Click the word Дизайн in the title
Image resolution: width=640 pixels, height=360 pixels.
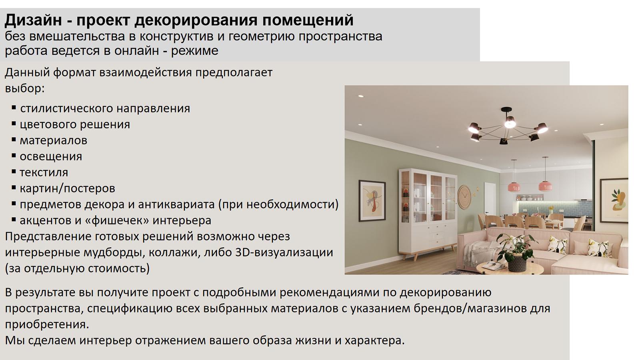(x=33, y=20)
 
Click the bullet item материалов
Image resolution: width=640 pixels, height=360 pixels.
(x=54, y=140)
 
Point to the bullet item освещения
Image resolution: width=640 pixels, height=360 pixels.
(x=51, y=156)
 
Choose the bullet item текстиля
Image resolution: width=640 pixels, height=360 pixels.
(x=44, y=172)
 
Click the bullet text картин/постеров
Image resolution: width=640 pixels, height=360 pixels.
(x=68, y=188)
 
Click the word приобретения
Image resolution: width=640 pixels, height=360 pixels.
(x=47, y=324)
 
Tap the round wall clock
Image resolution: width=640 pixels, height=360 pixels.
(x=464, y=197)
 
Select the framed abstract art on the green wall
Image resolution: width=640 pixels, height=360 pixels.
(x=372, y=200)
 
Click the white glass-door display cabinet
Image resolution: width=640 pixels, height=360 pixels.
(x=428, y=213)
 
